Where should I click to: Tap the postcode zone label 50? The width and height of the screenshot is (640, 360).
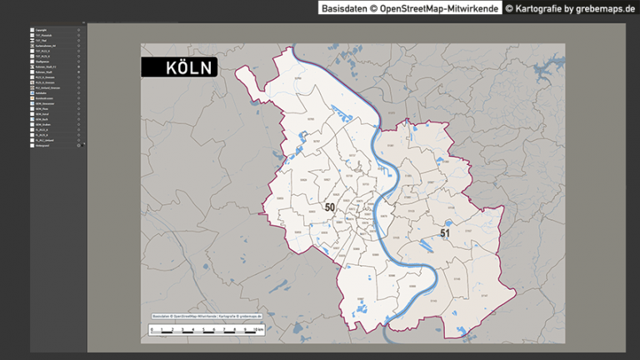click(330, 207)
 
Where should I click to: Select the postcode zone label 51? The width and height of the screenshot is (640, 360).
click(445, 234)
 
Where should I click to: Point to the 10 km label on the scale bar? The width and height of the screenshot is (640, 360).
click(259, 330)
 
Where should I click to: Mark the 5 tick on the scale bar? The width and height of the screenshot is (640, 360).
click(203, 330)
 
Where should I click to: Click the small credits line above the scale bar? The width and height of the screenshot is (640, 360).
click(207, 317)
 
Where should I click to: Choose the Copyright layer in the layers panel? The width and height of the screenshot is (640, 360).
click(42, 31)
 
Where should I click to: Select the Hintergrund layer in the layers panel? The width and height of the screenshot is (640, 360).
click(43, 145)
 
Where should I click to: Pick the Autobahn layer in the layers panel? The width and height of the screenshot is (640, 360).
click(42, 92)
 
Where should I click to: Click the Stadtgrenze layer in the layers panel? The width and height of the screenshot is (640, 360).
click(43, 62)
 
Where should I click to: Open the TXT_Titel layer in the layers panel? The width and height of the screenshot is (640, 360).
click(42, 40)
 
